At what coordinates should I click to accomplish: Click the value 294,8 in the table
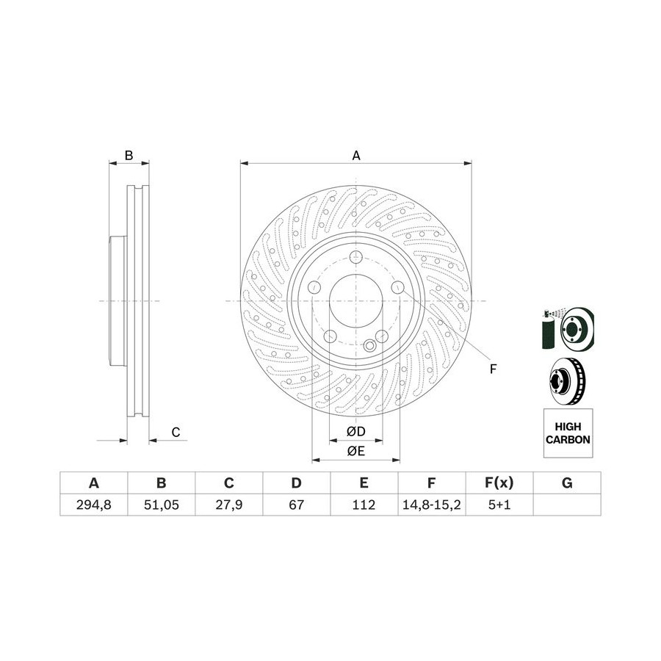pos(93,504)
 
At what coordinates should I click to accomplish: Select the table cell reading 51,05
pos(162,504)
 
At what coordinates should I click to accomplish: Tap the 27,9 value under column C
pos(229,504)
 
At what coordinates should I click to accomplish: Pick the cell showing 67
pos(297,504)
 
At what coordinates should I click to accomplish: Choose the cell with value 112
pos(364,504)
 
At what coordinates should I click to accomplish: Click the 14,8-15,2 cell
pos(432,504)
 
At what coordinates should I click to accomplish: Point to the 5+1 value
pos(499,504)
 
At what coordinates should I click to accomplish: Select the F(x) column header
pos(499,483)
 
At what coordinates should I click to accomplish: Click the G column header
pos(567,483)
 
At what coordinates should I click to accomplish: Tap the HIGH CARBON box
pos(568,433)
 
